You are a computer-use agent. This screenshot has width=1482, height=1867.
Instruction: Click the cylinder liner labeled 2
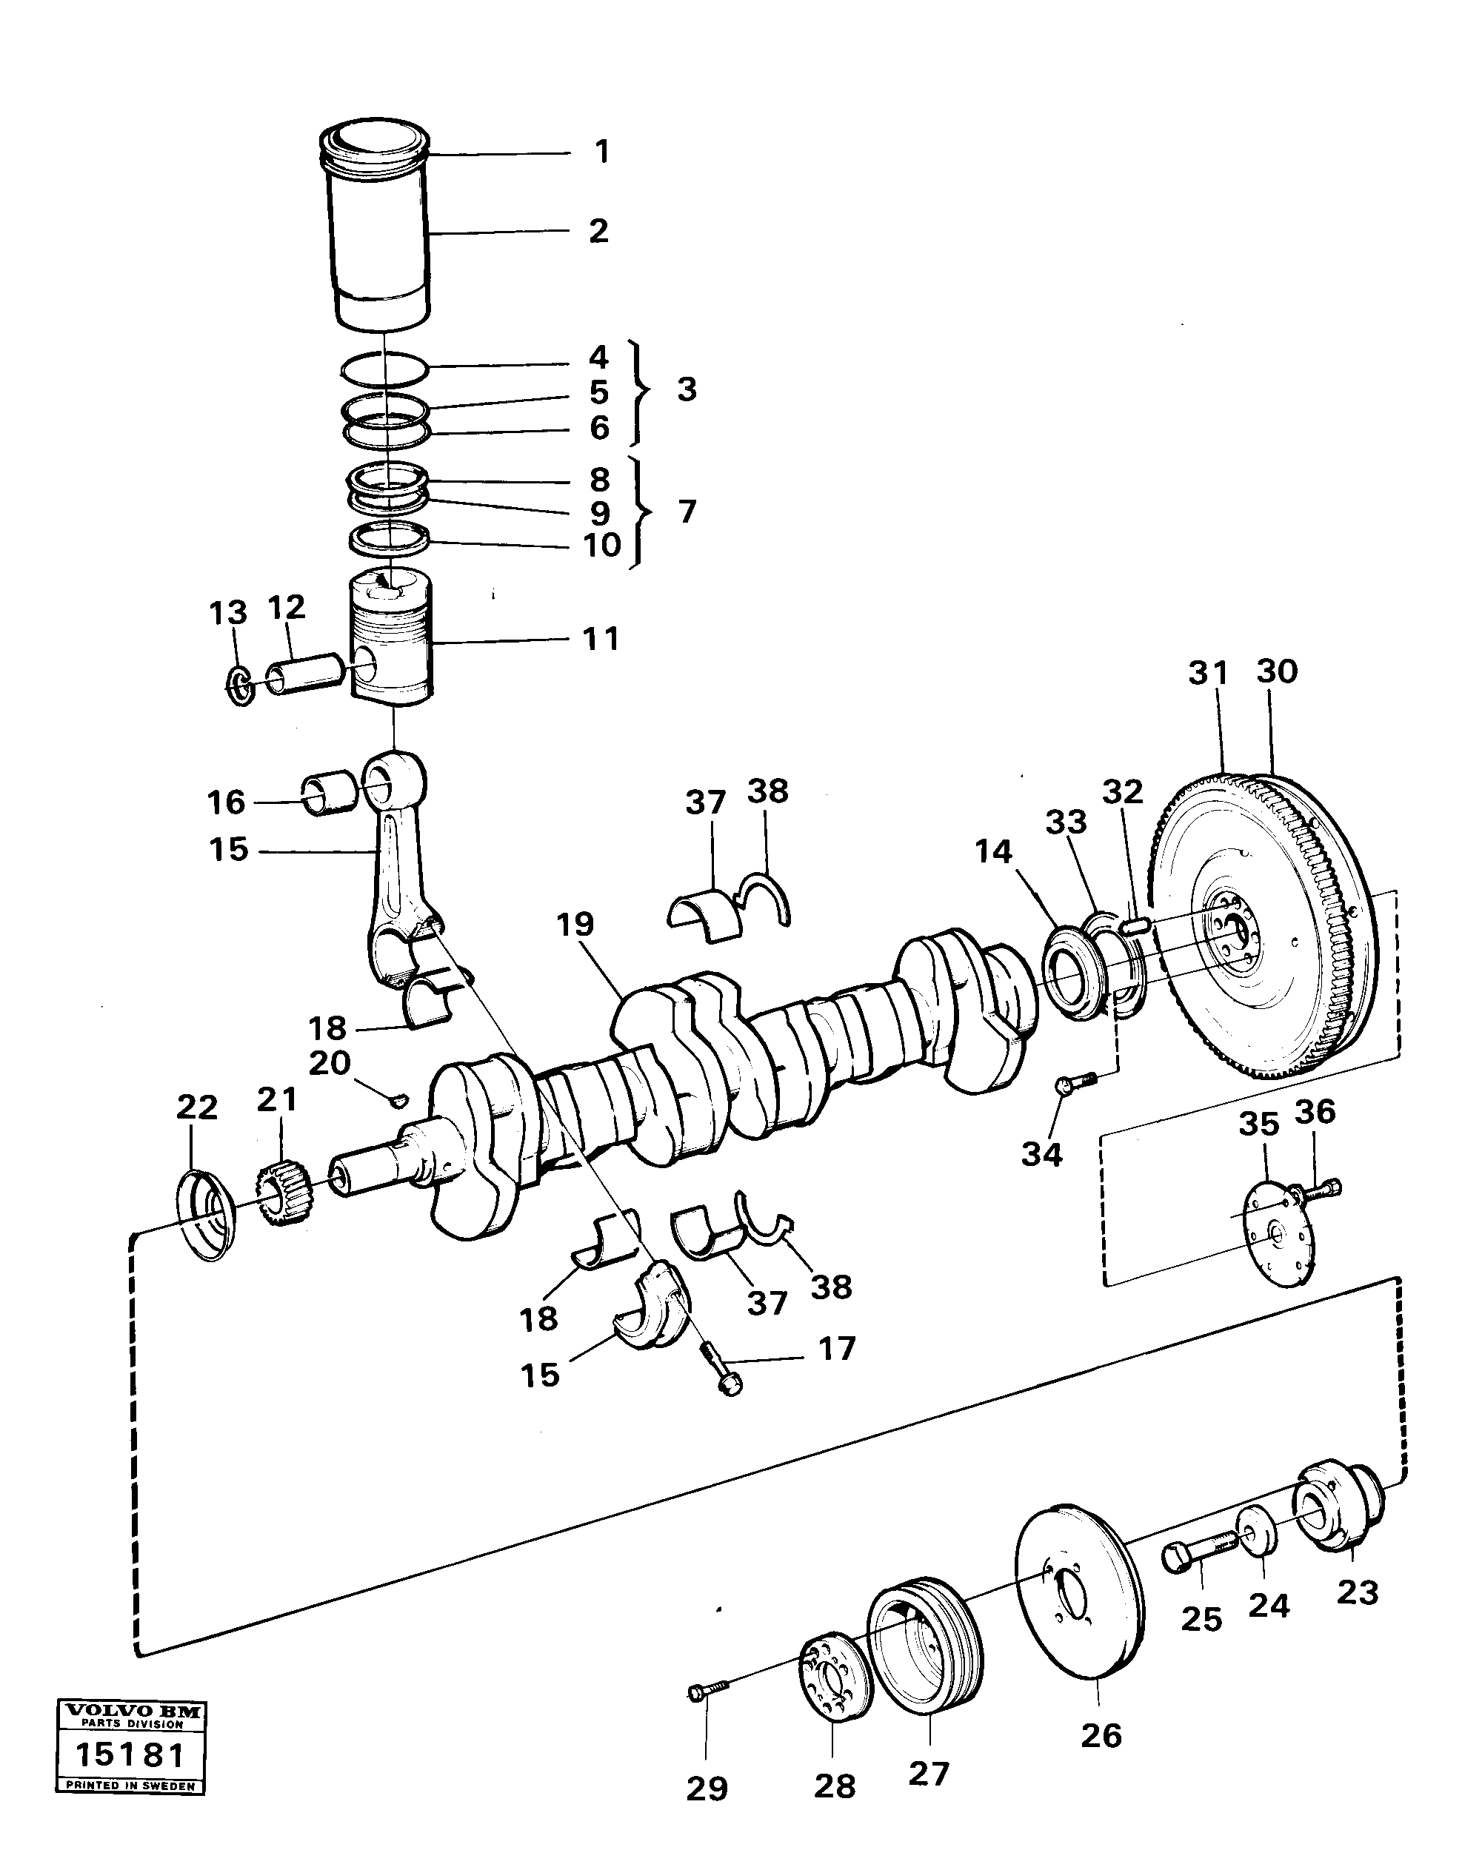381,234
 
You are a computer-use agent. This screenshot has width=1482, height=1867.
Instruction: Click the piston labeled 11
392,641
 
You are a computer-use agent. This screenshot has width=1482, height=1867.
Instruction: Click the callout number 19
575,924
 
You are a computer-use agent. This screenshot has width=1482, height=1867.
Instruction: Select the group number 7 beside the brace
687,512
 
